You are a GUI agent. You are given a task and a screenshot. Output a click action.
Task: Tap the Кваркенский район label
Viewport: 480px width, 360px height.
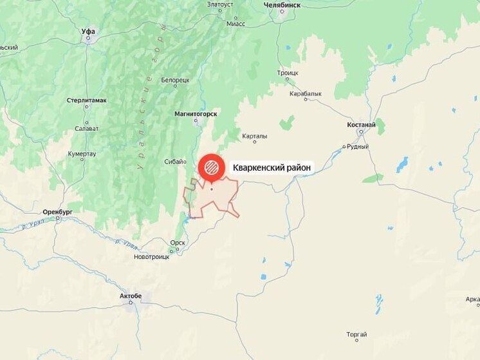coord(272,167)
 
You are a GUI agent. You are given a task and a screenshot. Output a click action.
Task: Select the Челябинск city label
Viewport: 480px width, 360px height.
coord(282,5)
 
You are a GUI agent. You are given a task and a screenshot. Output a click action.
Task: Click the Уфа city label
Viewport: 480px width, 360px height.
coord(89,30)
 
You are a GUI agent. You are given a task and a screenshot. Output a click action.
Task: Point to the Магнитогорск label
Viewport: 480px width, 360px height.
coord(196,114)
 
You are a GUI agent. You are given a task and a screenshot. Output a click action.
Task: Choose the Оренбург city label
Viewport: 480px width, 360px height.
coord(57,211)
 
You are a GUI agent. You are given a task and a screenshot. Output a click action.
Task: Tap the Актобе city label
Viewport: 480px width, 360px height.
coord(131,296)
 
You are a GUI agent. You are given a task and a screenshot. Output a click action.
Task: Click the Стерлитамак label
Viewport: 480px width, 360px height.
coord(87,100)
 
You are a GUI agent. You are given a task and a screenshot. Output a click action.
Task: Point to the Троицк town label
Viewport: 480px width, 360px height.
coord(288,73)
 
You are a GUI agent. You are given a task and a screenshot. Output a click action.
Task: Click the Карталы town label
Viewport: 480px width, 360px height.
coord(255,136)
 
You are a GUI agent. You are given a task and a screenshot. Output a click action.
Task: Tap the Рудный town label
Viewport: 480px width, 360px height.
coord(357,146)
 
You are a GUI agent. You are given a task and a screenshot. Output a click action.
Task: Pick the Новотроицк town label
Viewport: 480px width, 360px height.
coord(151,256)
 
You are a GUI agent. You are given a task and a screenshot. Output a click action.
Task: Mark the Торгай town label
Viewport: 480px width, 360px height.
coord(356,335)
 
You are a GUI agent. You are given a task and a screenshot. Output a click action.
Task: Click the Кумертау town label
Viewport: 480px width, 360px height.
coord(82,154)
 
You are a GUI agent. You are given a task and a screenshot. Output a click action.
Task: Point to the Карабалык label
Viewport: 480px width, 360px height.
coord(306,93)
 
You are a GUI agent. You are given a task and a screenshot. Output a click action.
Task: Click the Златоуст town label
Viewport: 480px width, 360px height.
coord(220,4)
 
